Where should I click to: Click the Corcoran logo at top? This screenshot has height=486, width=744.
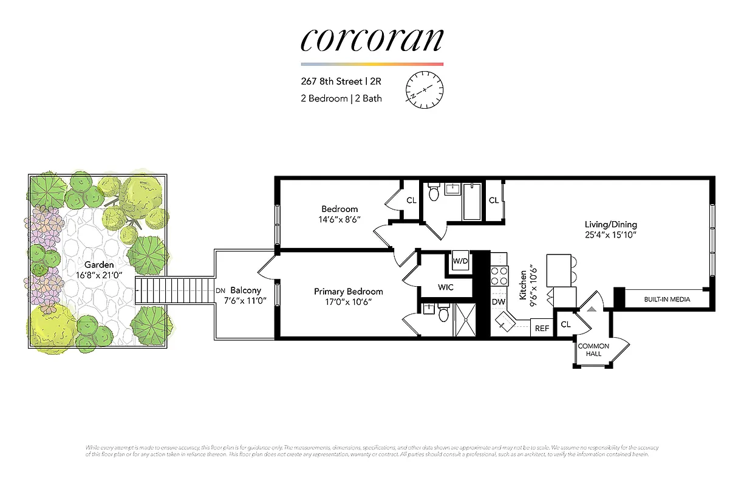click(372, 39)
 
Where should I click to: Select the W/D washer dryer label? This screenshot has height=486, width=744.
click(460, 261)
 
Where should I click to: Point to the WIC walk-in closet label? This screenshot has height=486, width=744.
click(446, 287)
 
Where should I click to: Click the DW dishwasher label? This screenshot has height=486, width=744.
click(498, 302)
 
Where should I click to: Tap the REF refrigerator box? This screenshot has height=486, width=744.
click(541, 329)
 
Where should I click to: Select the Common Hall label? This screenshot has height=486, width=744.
click(593, 350)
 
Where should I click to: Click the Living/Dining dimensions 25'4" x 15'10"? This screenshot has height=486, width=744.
click(611, 234)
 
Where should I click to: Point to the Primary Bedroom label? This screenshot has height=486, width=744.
click(348, 292)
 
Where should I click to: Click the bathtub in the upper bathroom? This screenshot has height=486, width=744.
click(472, 201)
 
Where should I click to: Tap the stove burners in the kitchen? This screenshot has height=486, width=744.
click(499, 276)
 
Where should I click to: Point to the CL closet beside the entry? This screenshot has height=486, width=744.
click(565, 324)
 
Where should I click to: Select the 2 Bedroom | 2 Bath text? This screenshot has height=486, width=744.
click(341, 98)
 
